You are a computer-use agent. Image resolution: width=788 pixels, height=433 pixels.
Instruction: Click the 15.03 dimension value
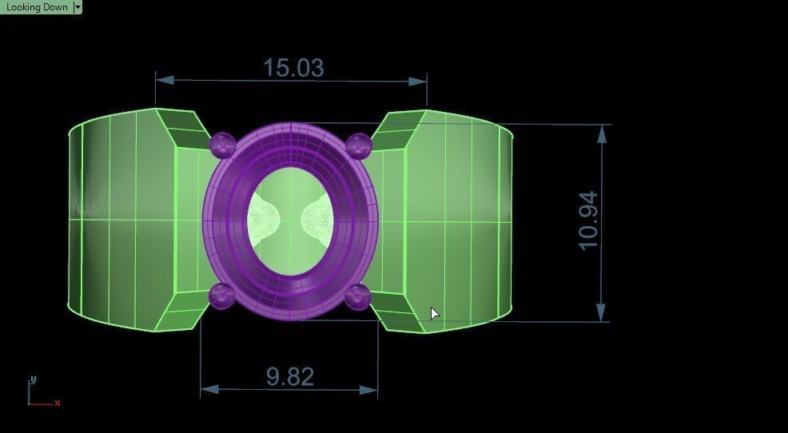coord(293,68)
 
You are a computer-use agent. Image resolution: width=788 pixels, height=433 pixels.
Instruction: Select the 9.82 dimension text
coord(289,376)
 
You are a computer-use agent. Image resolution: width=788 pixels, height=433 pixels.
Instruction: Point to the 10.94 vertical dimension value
coord(587,220)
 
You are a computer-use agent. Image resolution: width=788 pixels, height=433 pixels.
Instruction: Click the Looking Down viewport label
coord(37,7)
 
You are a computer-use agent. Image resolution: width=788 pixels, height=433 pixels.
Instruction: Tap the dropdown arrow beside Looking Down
coord(78,7)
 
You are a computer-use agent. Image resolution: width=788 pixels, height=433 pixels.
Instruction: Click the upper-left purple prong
coord(222,145)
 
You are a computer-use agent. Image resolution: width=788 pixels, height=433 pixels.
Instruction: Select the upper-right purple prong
coord(359,145)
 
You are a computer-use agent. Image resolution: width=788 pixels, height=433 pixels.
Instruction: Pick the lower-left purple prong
coord(221,295)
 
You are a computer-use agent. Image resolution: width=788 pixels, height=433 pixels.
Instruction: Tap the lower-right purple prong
coord(357,296)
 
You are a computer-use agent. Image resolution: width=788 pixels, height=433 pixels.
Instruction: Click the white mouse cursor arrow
coord(434,313)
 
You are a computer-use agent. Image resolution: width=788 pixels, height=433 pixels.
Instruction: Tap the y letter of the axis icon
coord(32,379)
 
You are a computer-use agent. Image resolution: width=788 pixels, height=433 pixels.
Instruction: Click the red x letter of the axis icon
coord(58,403)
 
